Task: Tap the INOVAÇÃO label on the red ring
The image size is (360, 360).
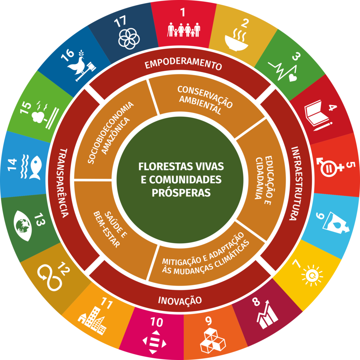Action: click(x=180, y=300)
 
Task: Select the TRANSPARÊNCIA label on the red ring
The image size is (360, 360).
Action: click(x=64, y=183)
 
